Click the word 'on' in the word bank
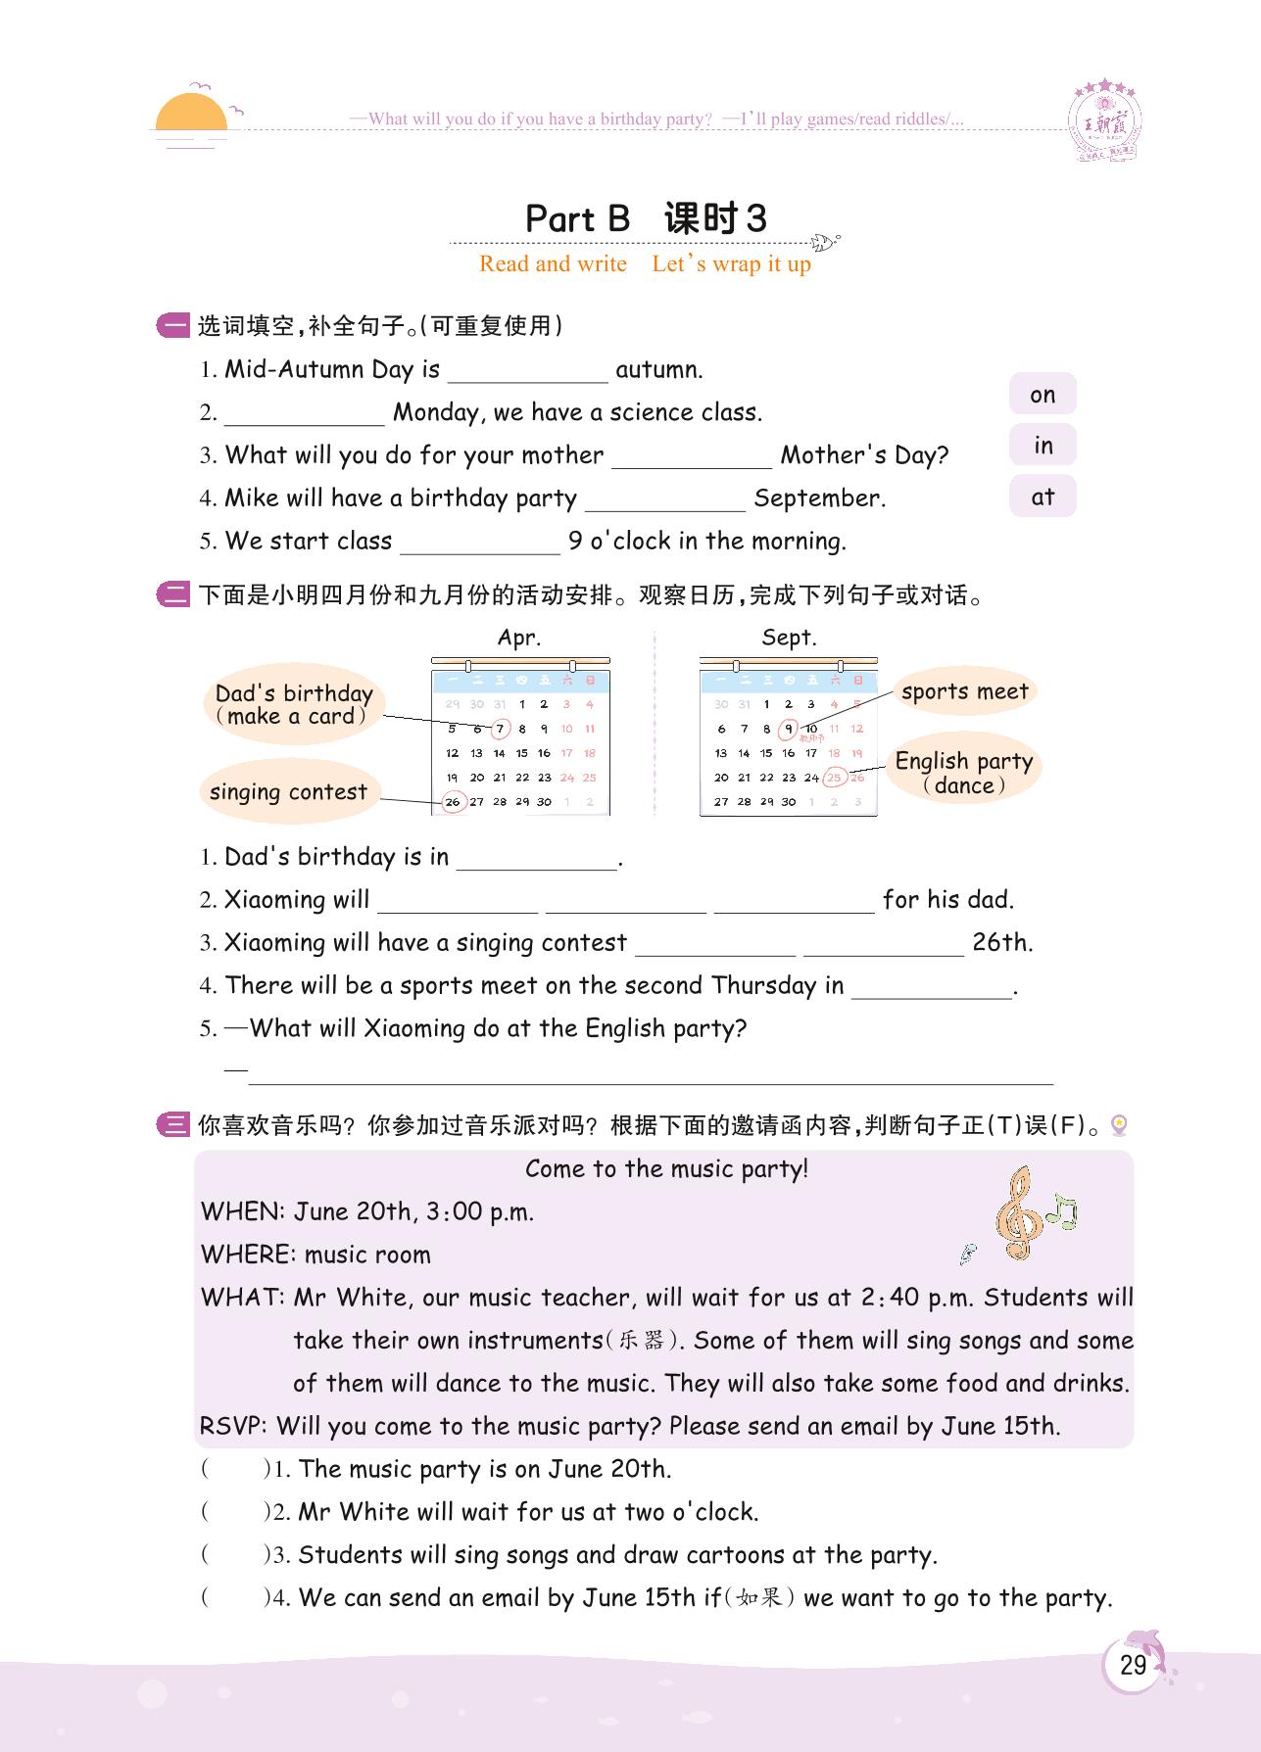click(x=1043, y=395)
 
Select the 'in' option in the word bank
click(x=1043, y=446)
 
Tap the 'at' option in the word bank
click(x=1043, y=497)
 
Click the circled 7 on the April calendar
click(x=500, y=729)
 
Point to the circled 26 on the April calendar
click(x=453, y=801)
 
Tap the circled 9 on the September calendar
click(x=789, y=729)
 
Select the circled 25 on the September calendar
click(x=834, y=778)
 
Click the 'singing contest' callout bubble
click(x=288, y=791)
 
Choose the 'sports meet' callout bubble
click(x=964, y=691)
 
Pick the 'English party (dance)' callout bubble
click(x=964, y=773)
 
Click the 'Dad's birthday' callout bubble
click(x=294, y=704)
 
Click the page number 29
click(x=1133, y=1665)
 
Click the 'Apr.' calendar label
click(x=519, y=638)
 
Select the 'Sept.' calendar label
click(x=789, y=638)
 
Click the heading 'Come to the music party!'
click(x=666, y=1168)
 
